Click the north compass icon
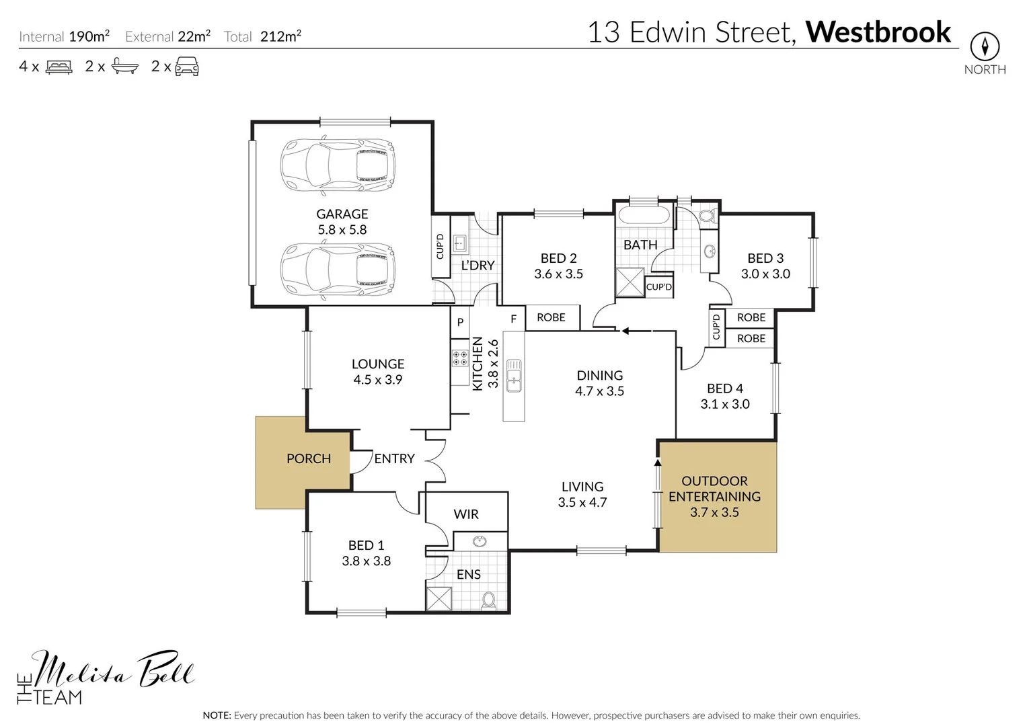point(985,46)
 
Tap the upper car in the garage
point(338,165)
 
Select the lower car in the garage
point(338,270)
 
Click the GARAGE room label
point(342,214)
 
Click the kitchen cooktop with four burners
point(460,358)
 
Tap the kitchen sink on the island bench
point(514,375)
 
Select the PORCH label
point(309,458)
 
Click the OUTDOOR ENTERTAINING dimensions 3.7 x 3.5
point(714,512)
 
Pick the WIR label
point(466,514)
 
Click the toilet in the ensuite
point(489,600)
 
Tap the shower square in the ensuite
point(439,599)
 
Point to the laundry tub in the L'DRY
point(460,243)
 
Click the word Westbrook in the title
point(878,32)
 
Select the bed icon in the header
point(59,67)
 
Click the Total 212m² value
point(280,37)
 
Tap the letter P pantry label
point(460,322)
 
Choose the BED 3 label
point(765,258)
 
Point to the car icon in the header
point(187,67)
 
